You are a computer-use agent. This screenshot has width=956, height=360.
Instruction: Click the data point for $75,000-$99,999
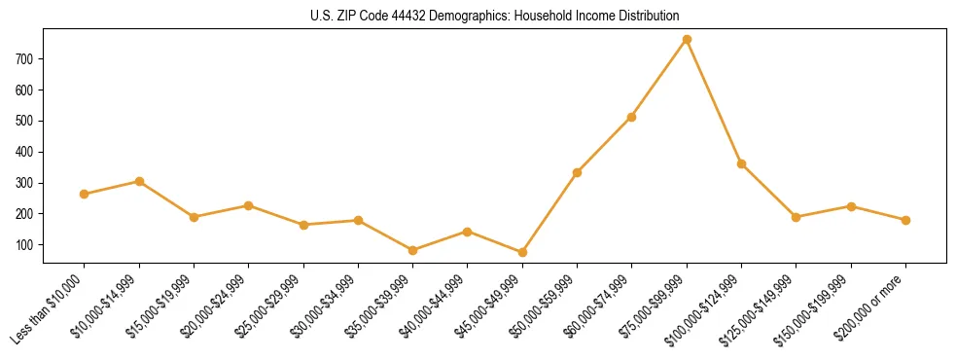pyautogui.click(x=687, y=39)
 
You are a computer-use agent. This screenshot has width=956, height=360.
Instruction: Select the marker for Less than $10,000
pyautogui.click(x=85, y=194)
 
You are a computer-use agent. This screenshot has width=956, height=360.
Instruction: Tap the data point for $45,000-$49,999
pyautogui.click(x=522, y=252)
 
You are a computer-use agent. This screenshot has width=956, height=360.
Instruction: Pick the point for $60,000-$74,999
pyautogui.click(x=632, y=117)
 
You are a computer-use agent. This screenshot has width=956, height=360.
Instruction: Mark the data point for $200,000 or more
pyautogui.click(x=905, y=220)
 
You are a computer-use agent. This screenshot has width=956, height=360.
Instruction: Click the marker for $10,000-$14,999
pyautogui.click(x=139, y=181)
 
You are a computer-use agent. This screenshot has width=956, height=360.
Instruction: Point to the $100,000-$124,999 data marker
pyautogui.click(x=741, y=163)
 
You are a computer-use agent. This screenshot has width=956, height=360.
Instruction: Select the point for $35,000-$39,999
pyautogui.click(x=413, y=250)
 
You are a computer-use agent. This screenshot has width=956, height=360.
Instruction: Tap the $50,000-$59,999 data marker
pyautogui.click(x=578, y=172)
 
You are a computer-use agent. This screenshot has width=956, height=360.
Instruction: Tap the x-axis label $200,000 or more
pyautogui.click(x=874, y=302)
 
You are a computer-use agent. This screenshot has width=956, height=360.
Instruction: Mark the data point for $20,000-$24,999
pyautogui.click(x=249, y=205)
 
